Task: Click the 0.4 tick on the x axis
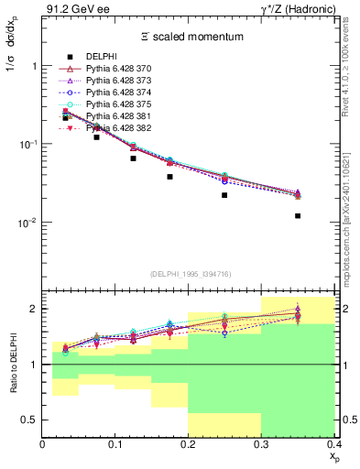coord(334,446)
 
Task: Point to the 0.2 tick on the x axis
coord(189,446)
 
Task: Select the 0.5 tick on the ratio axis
coord(33,420)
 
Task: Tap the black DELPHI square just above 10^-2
coord(224,195)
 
